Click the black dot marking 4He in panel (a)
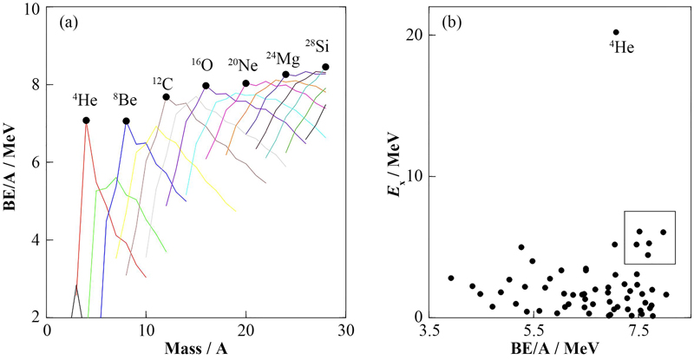coord(86,121)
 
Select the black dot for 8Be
coord(127,121)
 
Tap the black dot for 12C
coord(167,97)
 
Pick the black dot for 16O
coord(206,86)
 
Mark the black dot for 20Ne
coord(246,83)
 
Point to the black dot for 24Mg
coord(286,75)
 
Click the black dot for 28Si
coord(325,67)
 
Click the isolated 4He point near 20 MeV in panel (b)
coord(616,32)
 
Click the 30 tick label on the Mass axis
coord(346,331)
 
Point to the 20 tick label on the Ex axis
coord(413,35)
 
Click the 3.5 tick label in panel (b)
coord(431,331)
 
